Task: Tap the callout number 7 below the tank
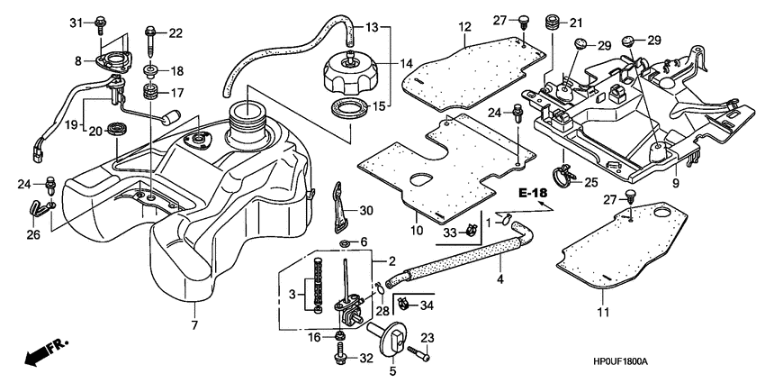tap(193, 324)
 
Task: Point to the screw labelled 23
tap(421, 352)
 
